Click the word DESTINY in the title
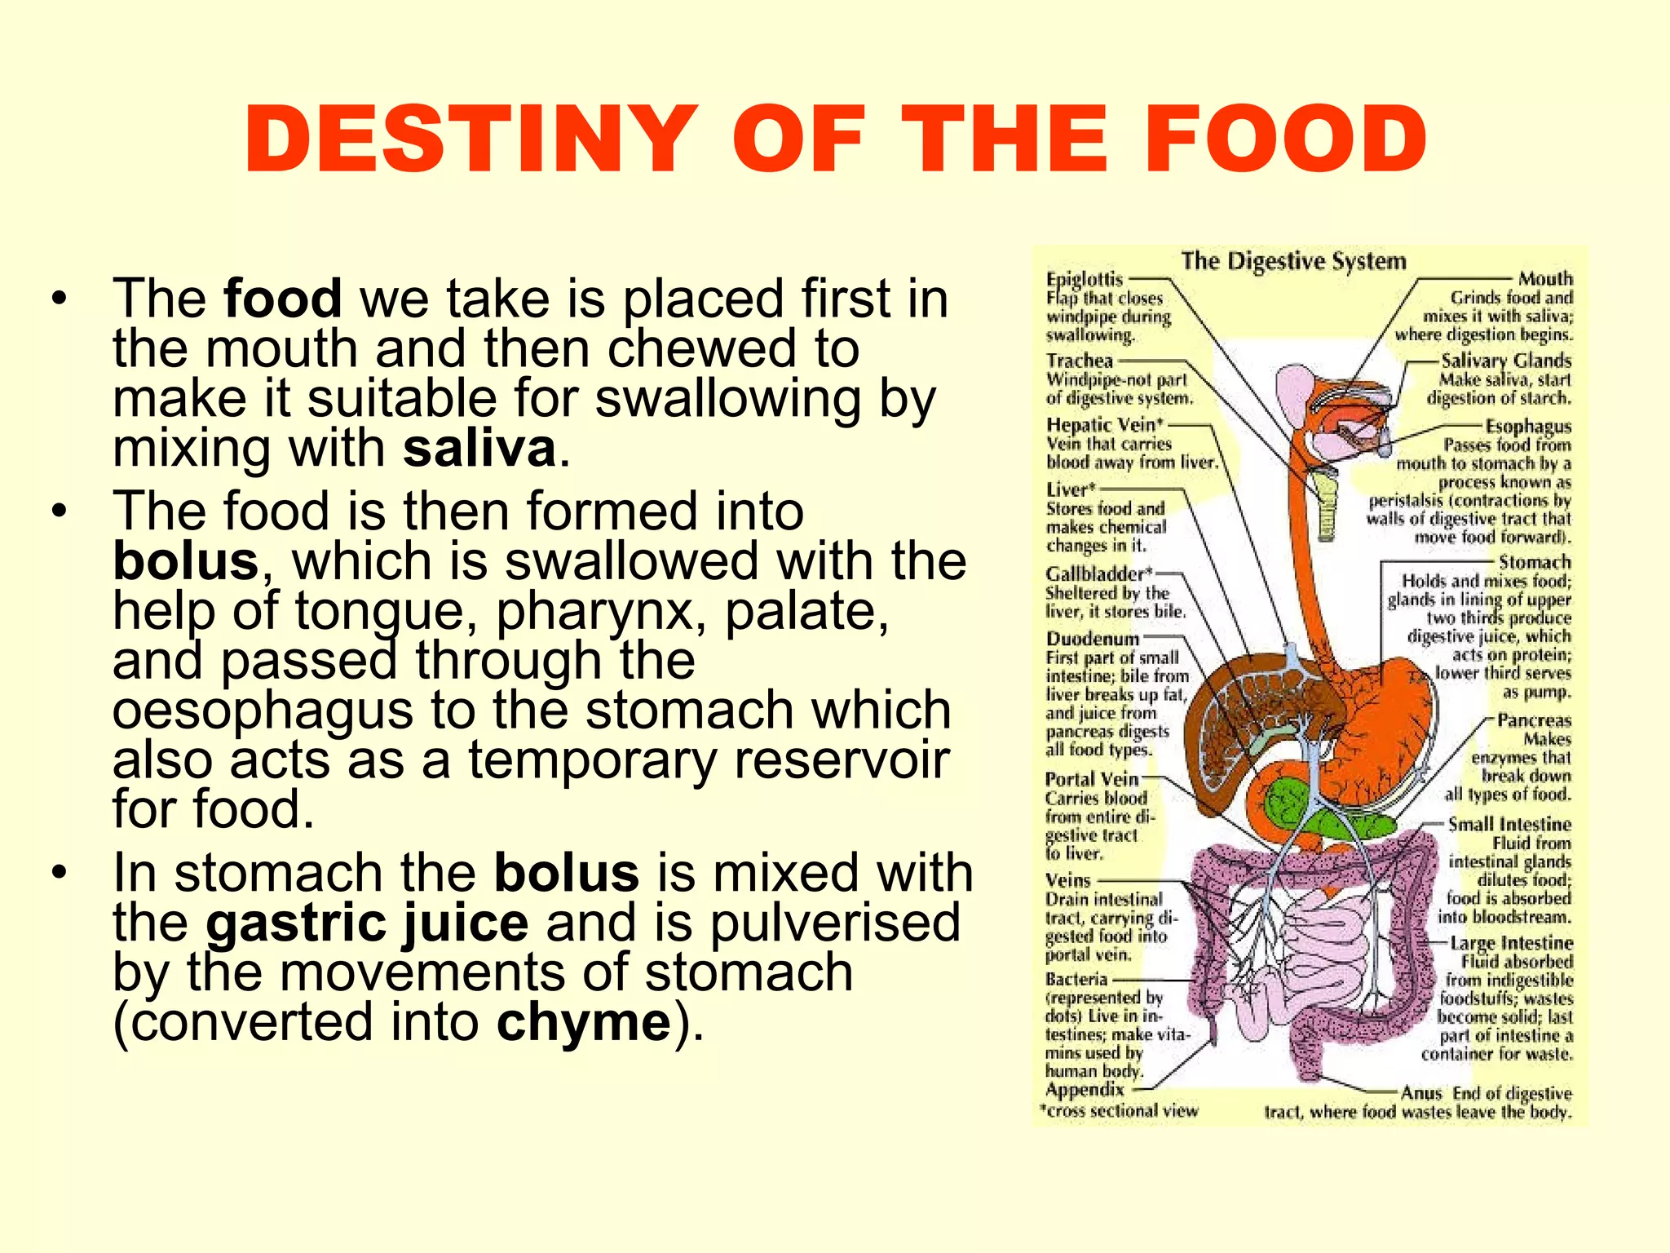471,139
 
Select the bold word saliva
479,449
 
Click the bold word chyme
584,1022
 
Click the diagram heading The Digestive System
1294,261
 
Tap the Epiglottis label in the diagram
1085,280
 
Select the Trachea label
1080,361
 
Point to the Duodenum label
1093,639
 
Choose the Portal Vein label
1092,779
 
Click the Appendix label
1085,1090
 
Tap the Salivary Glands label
1505,361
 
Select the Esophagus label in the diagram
1527,426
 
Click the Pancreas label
1534,720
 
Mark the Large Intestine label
1512,943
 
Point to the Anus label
1421,1093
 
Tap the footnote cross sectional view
1122,1111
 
